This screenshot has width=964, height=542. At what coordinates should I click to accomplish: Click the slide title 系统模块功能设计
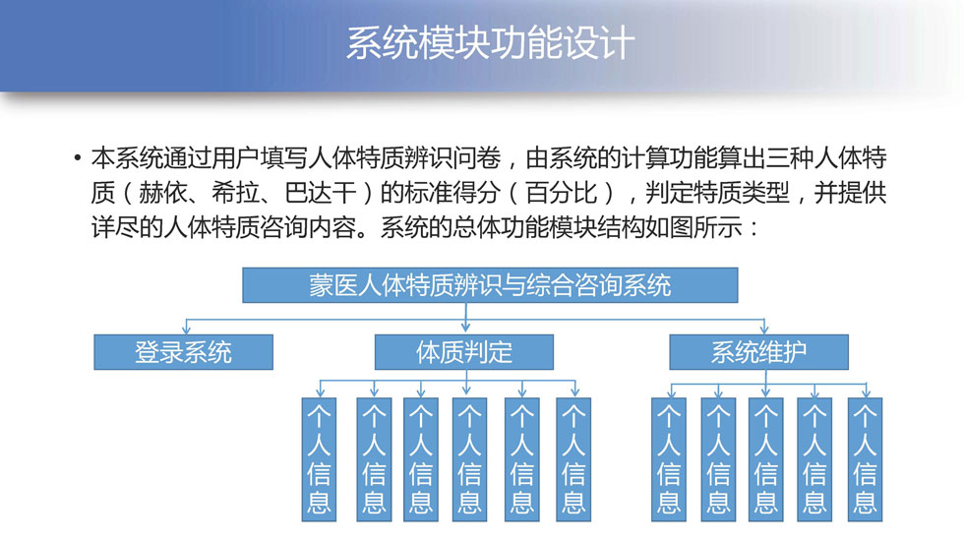click(x=490, y=42)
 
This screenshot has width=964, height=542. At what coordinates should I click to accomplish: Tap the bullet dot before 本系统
click(x=77, y=158)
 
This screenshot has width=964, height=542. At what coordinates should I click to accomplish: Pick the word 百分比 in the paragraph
click(x=562, y=193)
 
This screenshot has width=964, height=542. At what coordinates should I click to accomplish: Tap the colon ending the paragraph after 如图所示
click(x=754, y=228)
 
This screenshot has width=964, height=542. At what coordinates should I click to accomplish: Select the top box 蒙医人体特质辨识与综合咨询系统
click(x=490, y=285)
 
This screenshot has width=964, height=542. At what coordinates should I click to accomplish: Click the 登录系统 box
click(x=183, y=352)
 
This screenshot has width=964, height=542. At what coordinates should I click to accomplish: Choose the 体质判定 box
click(x=464, y=352)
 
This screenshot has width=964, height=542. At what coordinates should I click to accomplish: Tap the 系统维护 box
click(x=758, y=352)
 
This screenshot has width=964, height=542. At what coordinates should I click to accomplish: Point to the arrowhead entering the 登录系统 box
click(x=186, y=330)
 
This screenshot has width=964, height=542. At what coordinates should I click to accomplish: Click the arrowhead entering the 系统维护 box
click(x=764, y=330)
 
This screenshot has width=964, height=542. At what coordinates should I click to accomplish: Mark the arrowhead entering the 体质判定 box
click(x=465, y=329)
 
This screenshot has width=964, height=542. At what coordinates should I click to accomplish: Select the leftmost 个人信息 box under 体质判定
click(x=319, y=459)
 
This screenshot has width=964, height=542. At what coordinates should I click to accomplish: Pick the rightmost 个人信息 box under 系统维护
click(x=865, y=459)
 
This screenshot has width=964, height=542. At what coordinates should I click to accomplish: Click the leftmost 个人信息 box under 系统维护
click(x=669, y=459)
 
